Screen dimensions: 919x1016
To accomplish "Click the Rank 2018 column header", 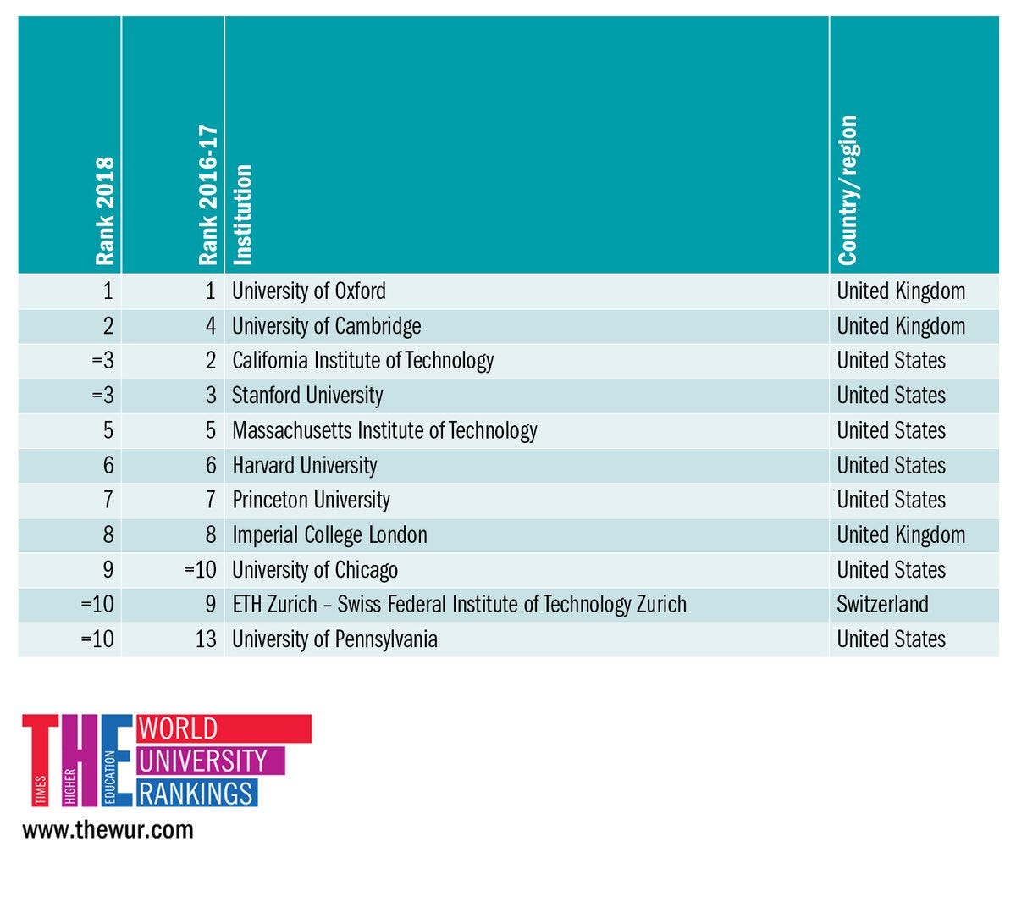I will pyautogui.click(x=104, y=211).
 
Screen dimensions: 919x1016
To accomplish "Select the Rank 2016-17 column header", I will pyautogui.click(x=208, y=195).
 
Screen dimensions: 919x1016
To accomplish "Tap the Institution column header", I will pyautogui.click(x=243, y=214).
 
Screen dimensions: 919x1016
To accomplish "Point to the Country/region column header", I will pyautogui.click(x=848, y=191).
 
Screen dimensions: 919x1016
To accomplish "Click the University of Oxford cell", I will pyautogui.click(x=309, y=291).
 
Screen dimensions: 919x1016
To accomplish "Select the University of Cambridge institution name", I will pyautogui.click(x=326, y=326).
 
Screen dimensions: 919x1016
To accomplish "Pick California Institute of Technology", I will pyautogui.click(x=362, y=361).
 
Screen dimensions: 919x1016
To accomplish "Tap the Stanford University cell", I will pyautogui.click(x=307, y=396).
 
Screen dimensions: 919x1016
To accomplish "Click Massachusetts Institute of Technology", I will pyautogui.click(x=384, y=430).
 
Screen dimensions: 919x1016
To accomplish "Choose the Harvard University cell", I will pyautogui.click(x=305, y=465).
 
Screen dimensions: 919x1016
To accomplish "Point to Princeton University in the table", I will pyautogui.click(x=311, y=500).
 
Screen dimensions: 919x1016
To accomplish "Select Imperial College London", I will pyautogui.click(x=329, y=535).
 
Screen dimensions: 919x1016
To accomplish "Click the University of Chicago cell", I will pyautogui.click(x=315, y=570).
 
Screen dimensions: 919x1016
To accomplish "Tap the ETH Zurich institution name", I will pyautogui.click(x=459, y=605).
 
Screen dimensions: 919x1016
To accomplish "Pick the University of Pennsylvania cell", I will pyautogui.click(x=334, y=639).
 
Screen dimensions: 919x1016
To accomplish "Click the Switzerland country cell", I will pyautogui.click(x=882, y=605).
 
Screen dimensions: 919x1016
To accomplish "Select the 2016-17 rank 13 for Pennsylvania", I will pyautogui.click(x=206, y=639).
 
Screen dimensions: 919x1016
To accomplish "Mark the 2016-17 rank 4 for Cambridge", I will pyautogui.click(x=211, y=326).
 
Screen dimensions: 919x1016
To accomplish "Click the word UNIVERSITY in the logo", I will pyautogui.click(x=203, y=761).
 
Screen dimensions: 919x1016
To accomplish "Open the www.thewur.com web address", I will pyautogui.click(x=108, y=829).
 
